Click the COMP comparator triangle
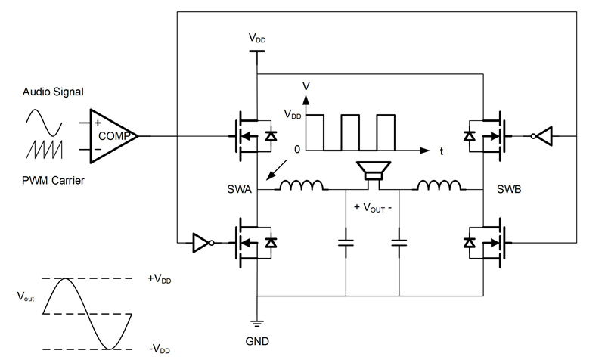point(113,135)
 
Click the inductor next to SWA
point(302,185)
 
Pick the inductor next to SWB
point(440,185)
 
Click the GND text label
point(258,341)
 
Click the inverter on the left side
point(202,243)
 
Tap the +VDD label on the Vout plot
point(161,280)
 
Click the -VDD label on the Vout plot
point(160,349)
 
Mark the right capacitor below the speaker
point(398,244)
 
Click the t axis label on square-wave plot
point(441,151)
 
